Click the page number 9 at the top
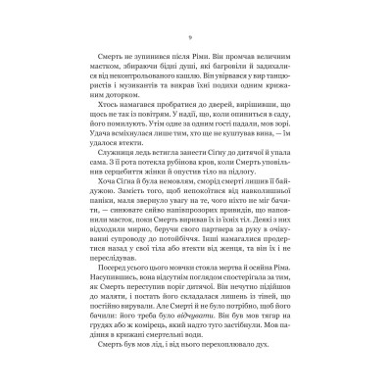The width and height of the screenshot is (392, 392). pyautogui.click(x=196, y=37)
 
